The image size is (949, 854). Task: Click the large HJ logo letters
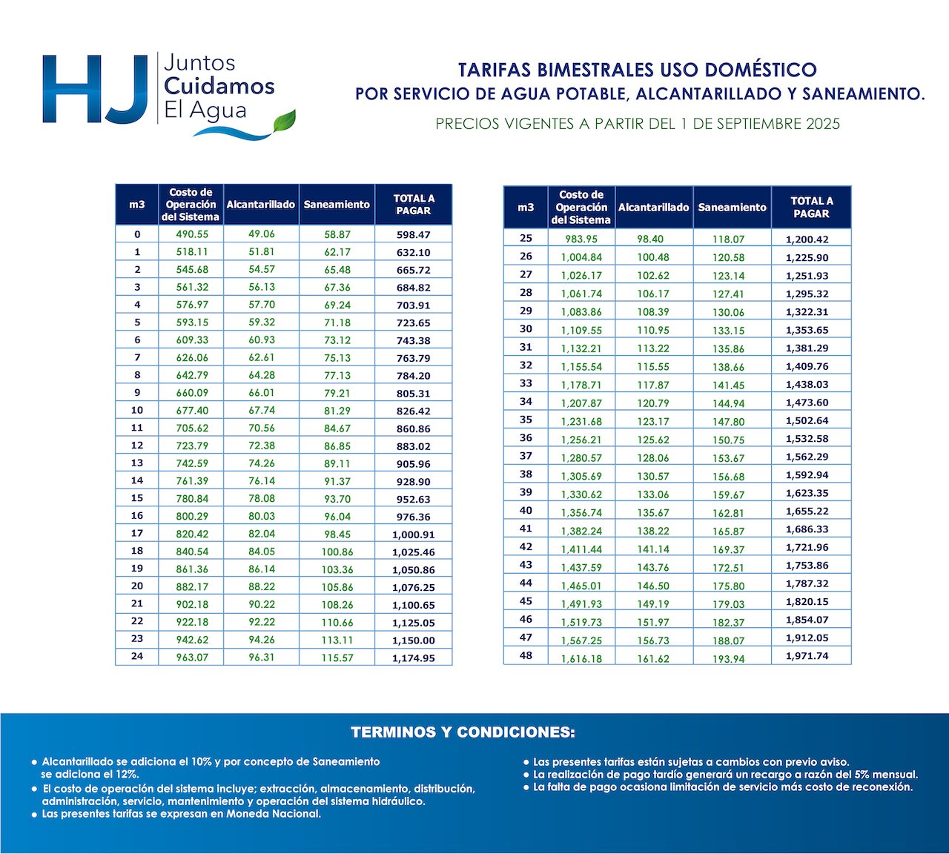tap(95, 89)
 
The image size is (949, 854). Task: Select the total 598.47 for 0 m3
tap(413, 235)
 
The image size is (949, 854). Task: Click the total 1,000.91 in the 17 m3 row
tap(413, 534)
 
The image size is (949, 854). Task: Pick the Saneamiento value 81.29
tap(337, 411)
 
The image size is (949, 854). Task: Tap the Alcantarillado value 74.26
tap(261, 463)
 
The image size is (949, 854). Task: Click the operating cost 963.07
tap(192, 658)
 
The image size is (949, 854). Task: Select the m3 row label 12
tap(137, 446)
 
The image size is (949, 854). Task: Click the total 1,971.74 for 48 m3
tap(807, 656)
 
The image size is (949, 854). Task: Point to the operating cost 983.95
tap(581, 239)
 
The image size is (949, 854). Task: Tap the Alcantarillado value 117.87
tap(653, 385)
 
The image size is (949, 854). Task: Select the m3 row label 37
tap(526, 457)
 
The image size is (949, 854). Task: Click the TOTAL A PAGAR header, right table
tap(811, 208)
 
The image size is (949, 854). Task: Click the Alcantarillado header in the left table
tap(261, 205)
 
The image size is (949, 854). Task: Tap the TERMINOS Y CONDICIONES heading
tap(463, 733)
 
